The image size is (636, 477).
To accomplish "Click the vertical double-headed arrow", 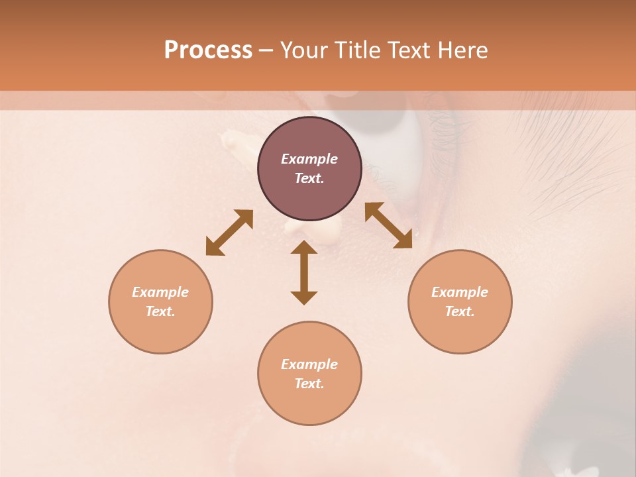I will tap(304, 272).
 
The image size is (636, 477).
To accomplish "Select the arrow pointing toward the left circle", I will tap(229, 233).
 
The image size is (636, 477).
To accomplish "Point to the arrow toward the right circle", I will tap(388, 225).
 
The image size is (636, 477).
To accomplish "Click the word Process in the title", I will tap(208, 50).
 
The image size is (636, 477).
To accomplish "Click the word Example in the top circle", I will tap(309, 159).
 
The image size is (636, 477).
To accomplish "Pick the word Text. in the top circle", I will tap(309, 178).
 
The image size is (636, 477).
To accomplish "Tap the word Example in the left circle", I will tap(160, 292).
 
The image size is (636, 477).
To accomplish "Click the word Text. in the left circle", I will tap(160, 311).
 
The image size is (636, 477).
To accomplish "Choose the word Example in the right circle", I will tap(460, 292).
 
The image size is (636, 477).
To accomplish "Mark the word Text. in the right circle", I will tap(460, 311).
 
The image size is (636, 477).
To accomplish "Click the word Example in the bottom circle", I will tap(309, 364).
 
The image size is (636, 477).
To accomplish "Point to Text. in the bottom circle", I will tap(309, 384).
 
